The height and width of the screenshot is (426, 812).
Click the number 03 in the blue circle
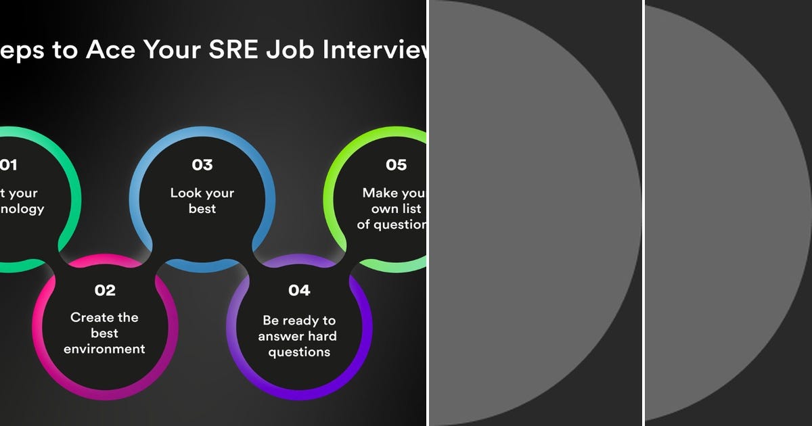[202, 165]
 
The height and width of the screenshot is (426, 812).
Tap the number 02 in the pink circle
[105, 291]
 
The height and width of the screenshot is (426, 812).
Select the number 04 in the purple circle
[299, 291]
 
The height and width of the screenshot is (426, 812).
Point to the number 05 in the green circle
[396, 165]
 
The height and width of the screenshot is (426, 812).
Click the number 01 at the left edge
[9, 165]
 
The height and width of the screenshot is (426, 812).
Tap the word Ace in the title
[107, 51]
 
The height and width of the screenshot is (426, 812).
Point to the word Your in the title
[164, 51]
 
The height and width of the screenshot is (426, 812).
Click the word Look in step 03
[185, 193]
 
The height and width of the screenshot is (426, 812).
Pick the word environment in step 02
[105, 350]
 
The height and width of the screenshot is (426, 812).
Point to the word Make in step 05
[380, 193]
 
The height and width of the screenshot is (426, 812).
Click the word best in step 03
[202, 209]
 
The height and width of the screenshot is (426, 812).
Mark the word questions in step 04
[299, 352]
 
